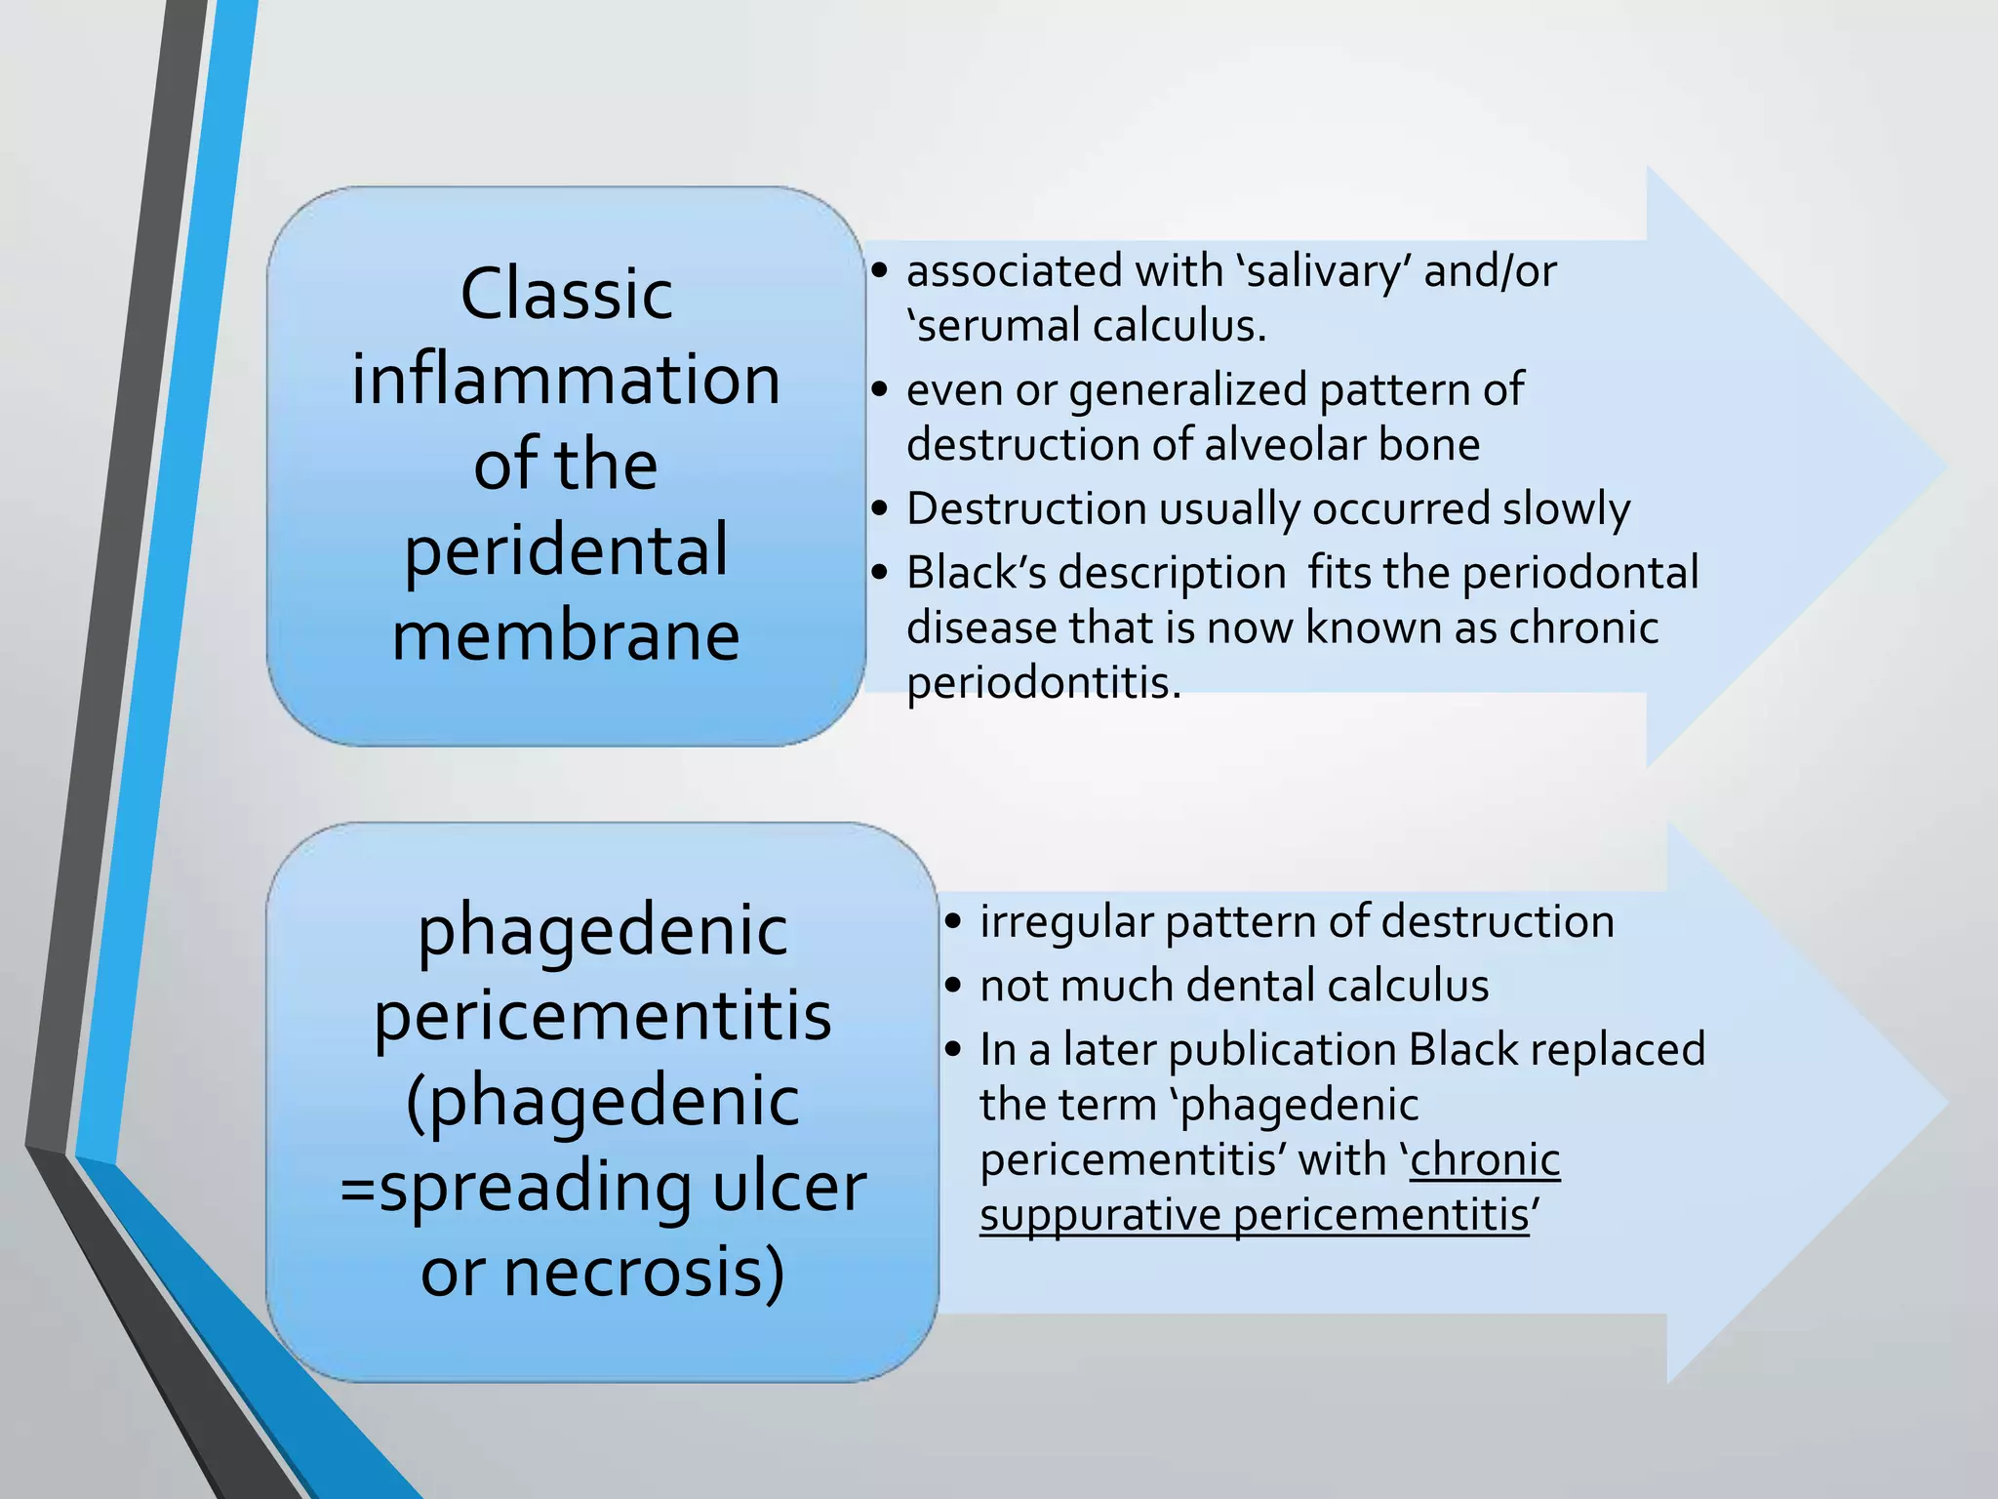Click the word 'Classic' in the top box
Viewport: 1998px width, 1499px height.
click(x=566, y=294)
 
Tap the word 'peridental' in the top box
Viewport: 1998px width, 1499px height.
click(x=566, y=551)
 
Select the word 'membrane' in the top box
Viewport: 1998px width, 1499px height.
click(x=566, y=636)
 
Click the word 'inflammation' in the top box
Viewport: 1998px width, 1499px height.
click(x=566, y=380)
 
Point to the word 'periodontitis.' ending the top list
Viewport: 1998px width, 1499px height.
click(x=1044, y=682)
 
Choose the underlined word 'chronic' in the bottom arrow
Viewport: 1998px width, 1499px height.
click(x=1485, y=1160)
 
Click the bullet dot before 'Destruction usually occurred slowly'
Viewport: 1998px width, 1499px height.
click(x=880, y=509)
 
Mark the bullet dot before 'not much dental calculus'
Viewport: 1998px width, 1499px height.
click(x=953, y=986)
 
